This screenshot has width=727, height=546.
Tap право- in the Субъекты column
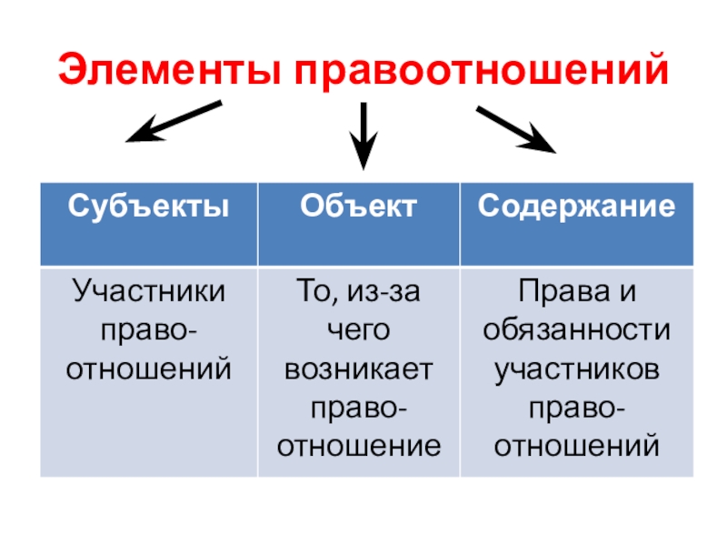click(149, 330)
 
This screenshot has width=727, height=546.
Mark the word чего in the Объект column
click(359, 330)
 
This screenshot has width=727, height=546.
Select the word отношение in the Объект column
click(359, 445)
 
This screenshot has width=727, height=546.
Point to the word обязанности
click(577, 330)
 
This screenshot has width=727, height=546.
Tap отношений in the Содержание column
click(577, 445)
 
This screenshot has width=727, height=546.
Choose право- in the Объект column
click(359, 407)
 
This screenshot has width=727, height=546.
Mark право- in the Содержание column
click(577, 407)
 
